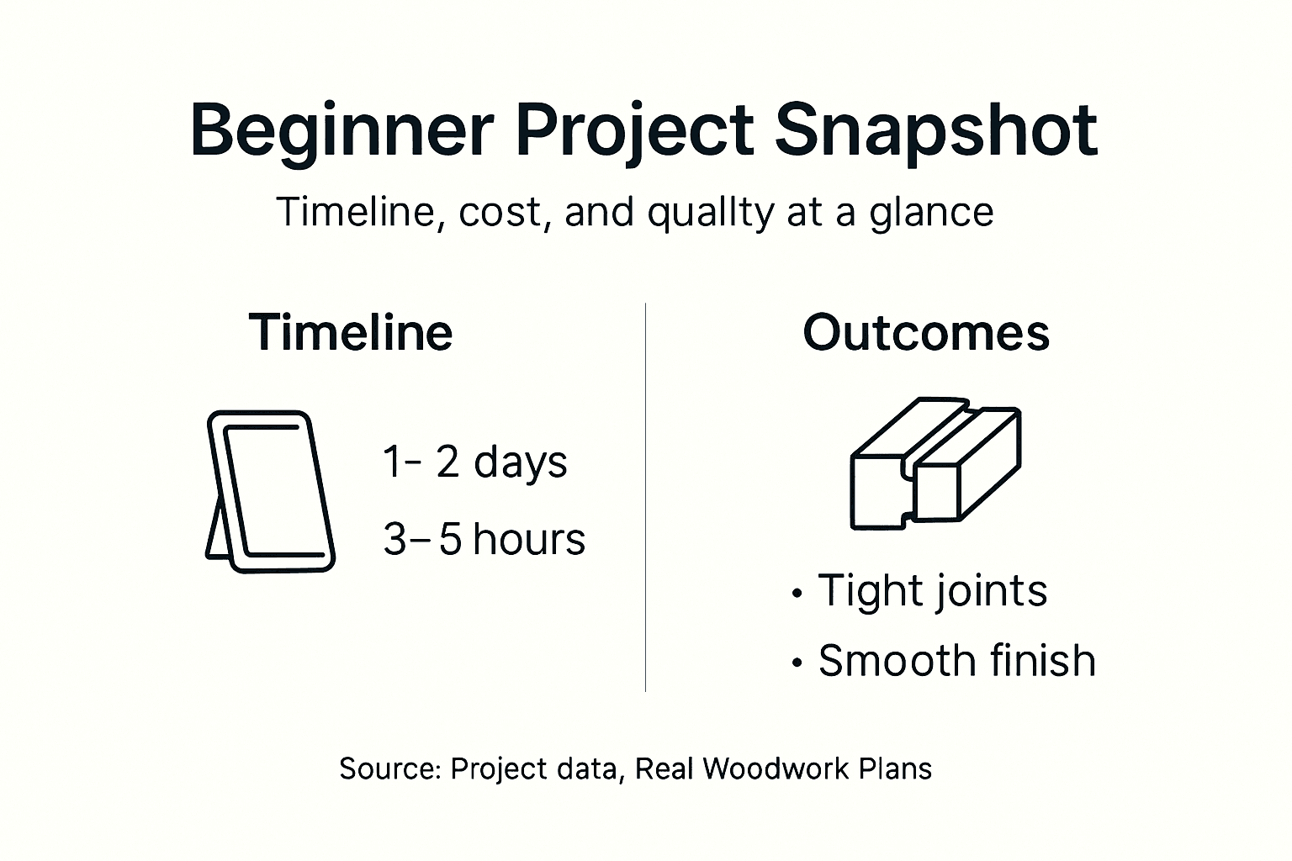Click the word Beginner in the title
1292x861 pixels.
(342, 130)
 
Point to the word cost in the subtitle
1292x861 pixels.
(500, 212)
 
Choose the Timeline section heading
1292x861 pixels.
(351, 332)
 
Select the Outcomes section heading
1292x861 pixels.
(926, 332)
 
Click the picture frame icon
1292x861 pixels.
(273, 492)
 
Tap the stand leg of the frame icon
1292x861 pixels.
(216, 530)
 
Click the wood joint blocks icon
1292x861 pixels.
(935, 464)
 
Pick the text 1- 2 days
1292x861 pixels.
(475, 462)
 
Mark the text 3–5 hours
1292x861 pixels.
(484, 539)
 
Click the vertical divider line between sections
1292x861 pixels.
(645, 496)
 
